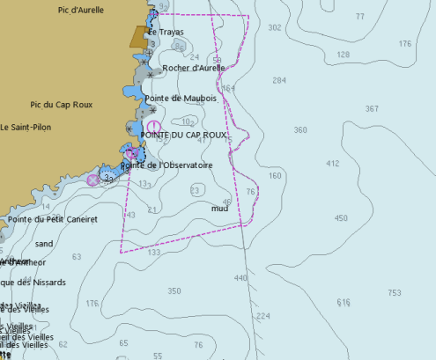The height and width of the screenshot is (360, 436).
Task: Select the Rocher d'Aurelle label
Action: pyautogui.click(x=194, y=68)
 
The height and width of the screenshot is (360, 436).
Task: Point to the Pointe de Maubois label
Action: pyautogui.click(x=187, y=99)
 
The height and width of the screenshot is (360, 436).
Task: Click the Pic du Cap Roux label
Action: pyautogui.click(x=63, y=104)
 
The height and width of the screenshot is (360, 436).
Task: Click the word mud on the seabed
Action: pyautogui.click(x=220, y=209)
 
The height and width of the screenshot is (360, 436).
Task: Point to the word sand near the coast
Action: pyautogui.click(x=44, y=243)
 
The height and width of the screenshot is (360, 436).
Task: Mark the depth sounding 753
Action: pyautogui.click(x=394, y=293)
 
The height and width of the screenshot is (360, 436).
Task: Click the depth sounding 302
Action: pyautogui.click(x=275, y=28)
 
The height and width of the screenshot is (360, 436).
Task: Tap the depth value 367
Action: pyautogui.click(x=372, y=109)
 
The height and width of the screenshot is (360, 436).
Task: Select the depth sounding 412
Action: pyautogui.click(x=332, y=164)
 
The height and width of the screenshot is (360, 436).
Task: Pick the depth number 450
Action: pyautogui.click(x=341, y=218)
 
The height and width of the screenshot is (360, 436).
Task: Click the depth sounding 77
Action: pyautogui.click(x=359, y=17)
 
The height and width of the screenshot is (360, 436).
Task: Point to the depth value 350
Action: pyautogui.click(x=174, y=291)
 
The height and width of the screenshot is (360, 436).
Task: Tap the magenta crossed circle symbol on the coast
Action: pyautogui.click(x=92, y=180)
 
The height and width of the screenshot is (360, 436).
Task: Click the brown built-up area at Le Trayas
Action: pyautogui.click(x=139, y=36)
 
